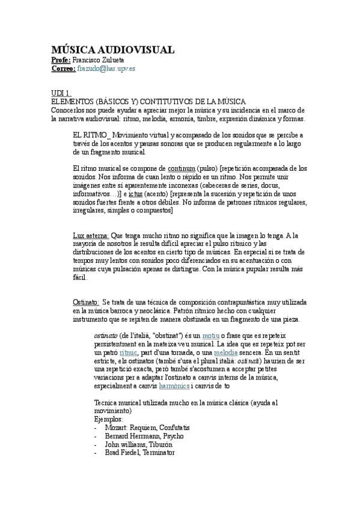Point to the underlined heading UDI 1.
(61, 93)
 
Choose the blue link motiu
(209, 336)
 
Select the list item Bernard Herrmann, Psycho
(144, 435)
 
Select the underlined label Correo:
(63, 69)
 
